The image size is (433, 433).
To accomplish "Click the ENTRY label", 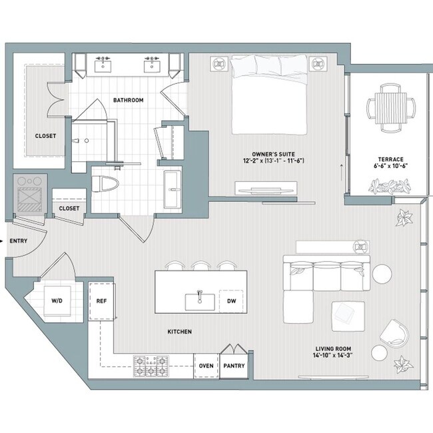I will point(18,241).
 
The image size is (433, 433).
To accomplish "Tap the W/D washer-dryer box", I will point(57,300).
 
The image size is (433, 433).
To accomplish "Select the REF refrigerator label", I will point(101,300).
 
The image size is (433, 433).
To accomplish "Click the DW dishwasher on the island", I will point(231,300).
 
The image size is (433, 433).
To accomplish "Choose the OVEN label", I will point(206,366).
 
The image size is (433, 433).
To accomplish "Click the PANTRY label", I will point(234,366).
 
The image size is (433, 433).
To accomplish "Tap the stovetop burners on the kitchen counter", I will point(151,366).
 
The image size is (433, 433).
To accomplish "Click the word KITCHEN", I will point(179,331).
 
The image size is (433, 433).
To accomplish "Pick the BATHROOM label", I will point(128,101).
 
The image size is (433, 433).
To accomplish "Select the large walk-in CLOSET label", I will point(45,136).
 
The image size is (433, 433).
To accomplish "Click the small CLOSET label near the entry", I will point(69,209).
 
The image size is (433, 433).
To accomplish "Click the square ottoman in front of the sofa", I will point(347,313).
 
